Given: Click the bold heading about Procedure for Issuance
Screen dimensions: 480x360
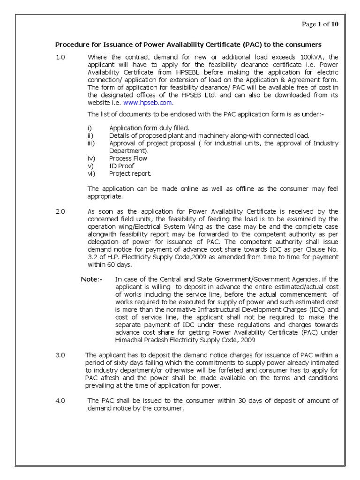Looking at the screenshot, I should [x=188, y=45].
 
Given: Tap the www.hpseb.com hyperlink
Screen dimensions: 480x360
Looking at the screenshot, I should [x=155, y=103].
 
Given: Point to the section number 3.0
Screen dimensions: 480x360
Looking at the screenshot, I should [x=60, y=356].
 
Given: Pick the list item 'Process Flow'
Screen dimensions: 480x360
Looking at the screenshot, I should [x=128, y=158].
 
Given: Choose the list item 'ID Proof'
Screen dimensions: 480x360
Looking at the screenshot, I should [x=121, y=166].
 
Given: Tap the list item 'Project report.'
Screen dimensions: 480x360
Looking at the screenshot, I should [x=130, y=173].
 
